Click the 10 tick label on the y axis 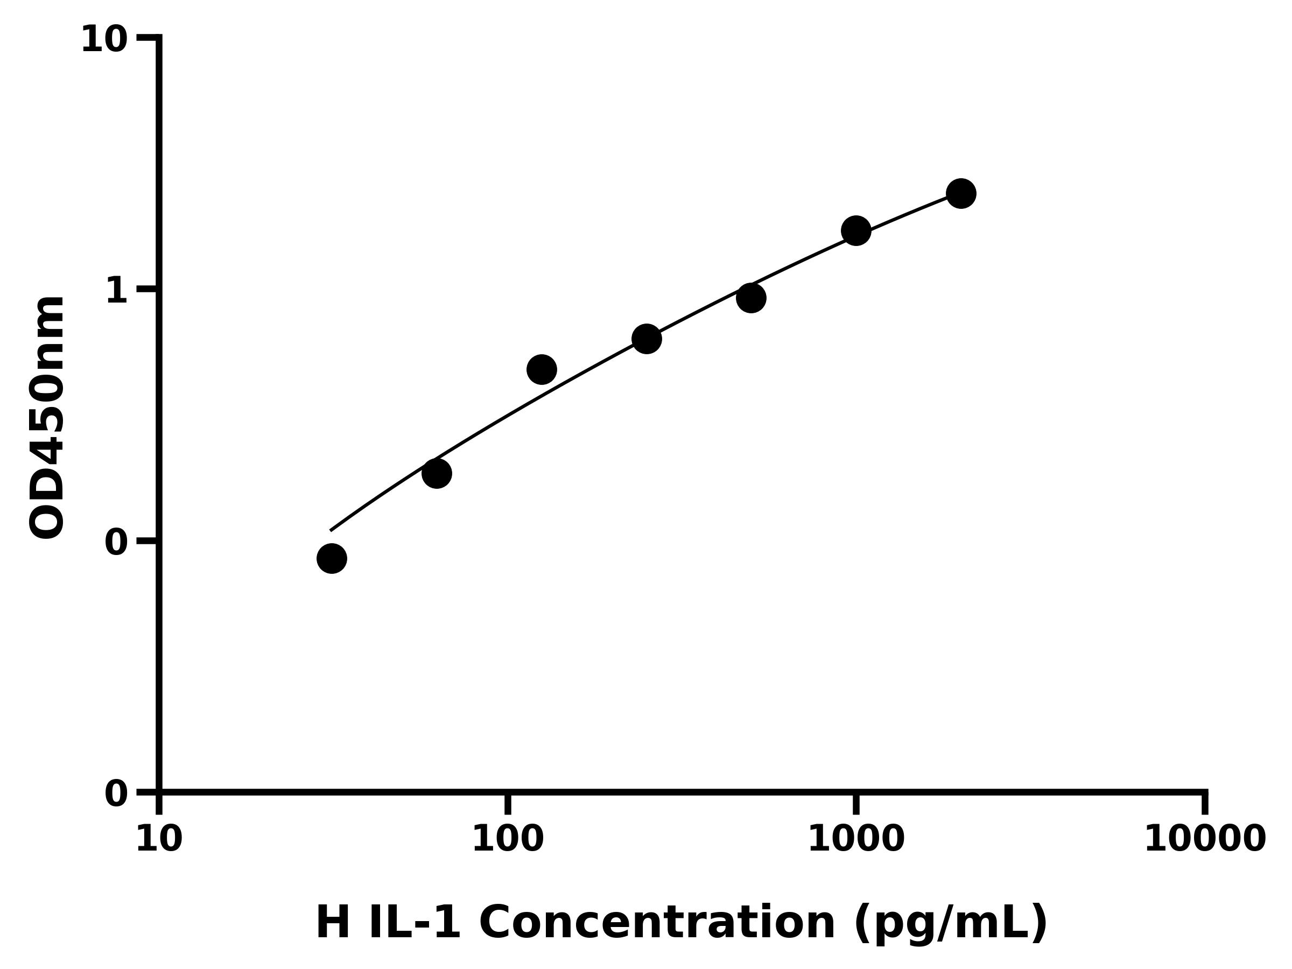pos(104,41)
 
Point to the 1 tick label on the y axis pos(117,290)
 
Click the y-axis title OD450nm pos(47,418)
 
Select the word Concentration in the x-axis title pos(657,923)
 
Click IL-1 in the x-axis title pos(414,923)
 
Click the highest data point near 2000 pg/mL pos(961,193)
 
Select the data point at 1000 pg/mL pos(856,231)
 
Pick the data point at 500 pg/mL pos(751,298)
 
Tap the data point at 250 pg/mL pos(647,339)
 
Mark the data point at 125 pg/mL pos(542,369)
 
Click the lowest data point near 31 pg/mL pos(332,558)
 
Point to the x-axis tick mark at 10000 pos(1205,803)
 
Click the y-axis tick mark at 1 pos(147,289)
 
